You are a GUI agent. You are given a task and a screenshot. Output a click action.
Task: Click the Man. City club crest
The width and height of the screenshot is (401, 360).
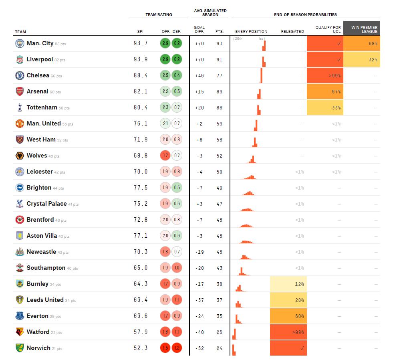(x=20, y=44)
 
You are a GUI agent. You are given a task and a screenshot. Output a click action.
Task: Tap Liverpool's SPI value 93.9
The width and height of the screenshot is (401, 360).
(x=140, y=59)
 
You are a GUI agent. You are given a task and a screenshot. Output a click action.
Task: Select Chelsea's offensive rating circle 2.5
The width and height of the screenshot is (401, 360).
(x=165, y=75)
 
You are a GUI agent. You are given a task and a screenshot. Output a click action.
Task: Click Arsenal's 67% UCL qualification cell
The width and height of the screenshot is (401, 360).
(x=325, y=91)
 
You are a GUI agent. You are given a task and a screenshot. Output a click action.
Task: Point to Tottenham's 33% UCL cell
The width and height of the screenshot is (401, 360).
(x=325, y=108)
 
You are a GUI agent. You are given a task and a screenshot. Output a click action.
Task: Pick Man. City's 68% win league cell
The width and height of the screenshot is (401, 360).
(x=362, y=44)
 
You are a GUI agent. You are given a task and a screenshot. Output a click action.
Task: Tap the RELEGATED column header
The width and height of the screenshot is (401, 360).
(x=292, y=32)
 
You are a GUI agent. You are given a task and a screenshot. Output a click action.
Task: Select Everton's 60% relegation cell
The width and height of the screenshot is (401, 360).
(x=288, y=316)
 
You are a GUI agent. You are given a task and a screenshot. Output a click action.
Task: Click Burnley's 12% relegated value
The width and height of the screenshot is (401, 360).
(x=299, y=284)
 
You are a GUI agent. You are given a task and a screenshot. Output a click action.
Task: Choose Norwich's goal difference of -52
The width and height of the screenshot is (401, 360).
(x=199, y=348)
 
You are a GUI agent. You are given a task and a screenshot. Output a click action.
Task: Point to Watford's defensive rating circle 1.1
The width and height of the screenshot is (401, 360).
(x=177, y=332)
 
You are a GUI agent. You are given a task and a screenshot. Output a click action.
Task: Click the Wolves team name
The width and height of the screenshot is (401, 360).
(x=37, y=156)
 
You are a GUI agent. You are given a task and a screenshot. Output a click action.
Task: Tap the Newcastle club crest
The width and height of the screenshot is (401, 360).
(x=20, y=252)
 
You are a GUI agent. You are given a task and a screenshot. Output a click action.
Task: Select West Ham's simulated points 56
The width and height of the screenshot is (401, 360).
(x=219, y=140)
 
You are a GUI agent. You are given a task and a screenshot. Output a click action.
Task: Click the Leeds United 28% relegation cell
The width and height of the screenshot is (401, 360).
(x=288, y=300)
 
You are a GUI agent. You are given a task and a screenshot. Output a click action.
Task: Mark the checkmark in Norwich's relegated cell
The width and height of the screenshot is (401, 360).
(x=302, y=348)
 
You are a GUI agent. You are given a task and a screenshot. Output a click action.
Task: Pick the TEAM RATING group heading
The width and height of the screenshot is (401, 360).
(x=159, y=14)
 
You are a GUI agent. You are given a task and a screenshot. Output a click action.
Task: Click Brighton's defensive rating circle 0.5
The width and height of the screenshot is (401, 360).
(x=177, y=188)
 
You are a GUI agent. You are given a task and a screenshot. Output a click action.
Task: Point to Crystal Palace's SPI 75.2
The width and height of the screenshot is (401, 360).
(x=140, y=204)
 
